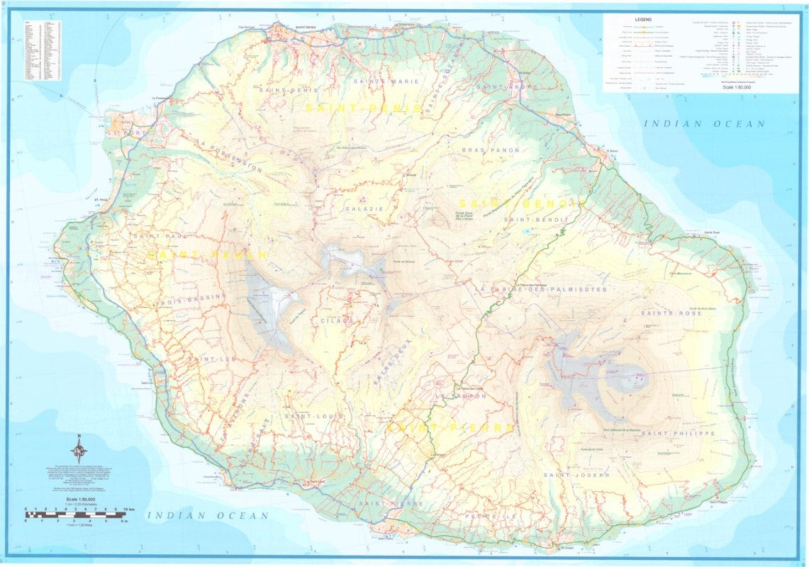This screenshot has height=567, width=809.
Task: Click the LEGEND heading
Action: (644, 20)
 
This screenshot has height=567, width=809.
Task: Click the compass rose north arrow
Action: (79, 448)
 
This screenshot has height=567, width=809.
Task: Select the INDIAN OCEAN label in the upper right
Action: (704, 124)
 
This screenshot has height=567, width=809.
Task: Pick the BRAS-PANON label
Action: (491, 151)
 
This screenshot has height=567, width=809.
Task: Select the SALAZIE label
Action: (364, 209)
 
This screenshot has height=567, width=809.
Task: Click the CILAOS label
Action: (336, 321)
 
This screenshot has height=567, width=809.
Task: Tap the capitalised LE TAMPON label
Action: (463, 397)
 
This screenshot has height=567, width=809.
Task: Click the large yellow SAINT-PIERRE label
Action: (450, 428)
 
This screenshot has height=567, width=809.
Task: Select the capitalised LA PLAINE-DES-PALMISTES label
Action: (542, 290)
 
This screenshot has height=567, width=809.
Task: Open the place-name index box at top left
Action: (42, 50)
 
